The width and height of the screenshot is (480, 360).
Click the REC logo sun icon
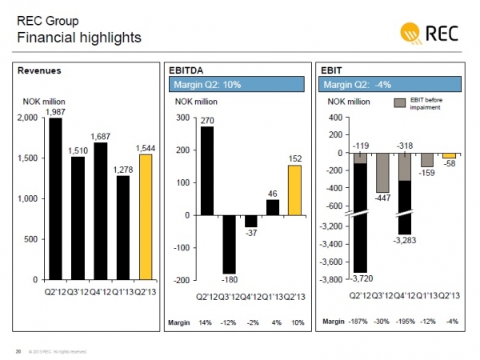412,34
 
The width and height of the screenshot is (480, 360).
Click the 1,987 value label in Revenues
55,112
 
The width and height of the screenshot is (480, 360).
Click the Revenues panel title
39,70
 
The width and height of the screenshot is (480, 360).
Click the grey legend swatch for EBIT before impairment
399,103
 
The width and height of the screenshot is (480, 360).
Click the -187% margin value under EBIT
360,322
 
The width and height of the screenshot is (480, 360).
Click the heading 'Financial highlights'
79,38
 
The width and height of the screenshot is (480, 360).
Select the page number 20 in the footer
18,351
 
